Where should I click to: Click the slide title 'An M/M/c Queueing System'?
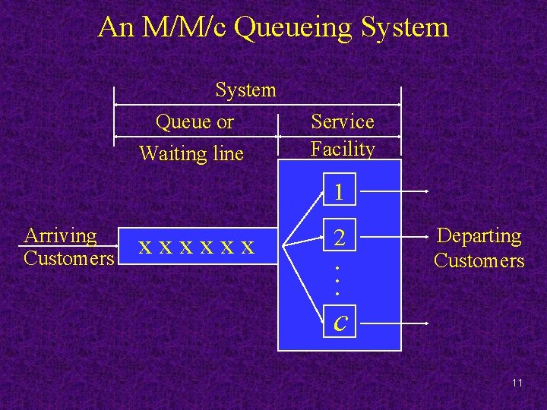point(273,28)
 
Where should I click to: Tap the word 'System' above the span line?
point(245,90)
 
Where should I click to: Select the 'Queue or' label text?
point(194,122)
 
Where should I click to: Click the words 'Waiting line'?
point(191,154)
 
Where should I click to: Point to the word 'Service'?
point(343,122)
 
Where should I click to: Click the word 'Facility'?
point(343,149)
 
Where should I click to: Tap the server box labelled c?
point(340,322)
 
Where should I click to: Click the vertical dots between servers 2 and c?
point(337,280)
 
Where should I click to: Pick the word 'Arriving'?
point(61,236)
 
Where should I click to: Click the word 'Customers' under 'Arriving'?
point(68,259)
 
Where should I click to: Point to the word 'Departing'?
point(479,237)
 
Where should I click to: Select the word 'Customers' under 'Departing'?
point(479,261)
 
